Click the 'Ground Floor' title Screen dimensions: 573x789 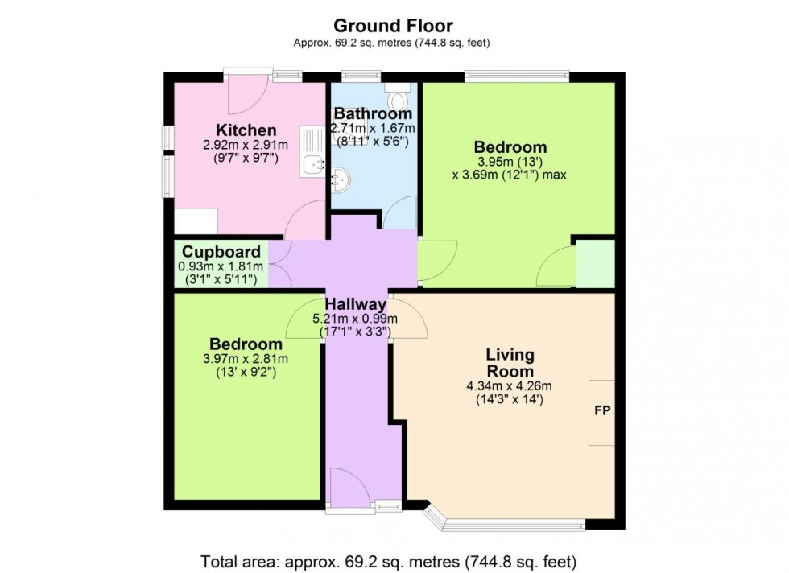click(x=394, y=27)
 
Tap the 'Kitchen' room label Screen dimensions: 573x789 click(x=246, y=130)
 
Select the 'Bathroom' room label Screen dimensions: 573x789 click(x=373, y=113)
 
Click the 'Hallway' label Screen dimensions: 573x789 click(x=356, y=304)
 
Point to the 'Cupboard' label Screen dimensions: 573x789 click(x=221, y=252)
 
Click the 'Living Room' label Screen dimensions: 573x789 click(x=510, y=363)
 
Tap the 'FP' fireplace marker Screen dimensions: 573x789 click(x=601, y=410)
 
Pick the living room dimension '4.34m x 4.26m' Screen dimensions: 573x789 click(x=510, y=385)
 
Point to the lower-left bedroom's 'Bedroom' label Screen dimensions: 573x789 click(x=247, y=344)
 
